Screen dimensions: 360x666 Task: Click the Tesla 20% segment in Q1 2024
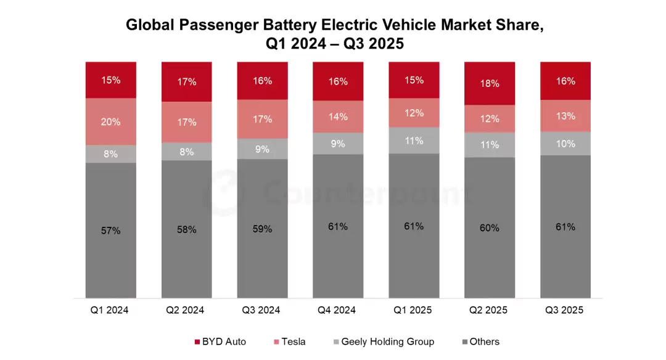111,121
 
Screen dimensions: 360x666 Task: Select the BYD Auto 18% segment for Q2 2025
490,83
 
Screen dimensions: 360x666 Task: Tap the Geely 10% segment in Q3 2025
565,143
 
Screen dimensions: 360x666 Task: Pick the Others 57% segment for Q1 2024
111,231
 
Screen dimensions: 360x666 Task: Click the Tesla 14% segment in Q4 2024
338,117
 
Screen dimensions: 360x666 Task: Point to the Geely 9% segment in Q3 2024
262,149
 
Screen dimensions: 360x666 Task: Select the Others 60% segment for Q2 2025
490,228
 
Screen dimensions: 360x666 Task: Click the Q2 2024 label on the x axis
186,310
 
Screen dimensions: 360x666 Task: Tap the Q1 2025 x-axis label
414,310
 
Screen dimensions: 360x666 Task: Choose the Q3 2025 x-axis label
565,310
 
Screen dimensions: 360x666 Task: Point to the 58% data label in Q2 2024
186,229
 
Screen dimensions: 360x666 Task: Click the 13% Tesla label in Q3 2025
565,116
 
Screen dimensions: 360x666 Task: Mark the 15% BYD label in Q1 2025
414,80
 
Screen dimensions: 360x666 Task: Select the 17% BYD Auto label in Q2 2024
186,81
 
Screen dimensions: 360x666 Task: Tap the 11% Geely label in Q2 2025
490,145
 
